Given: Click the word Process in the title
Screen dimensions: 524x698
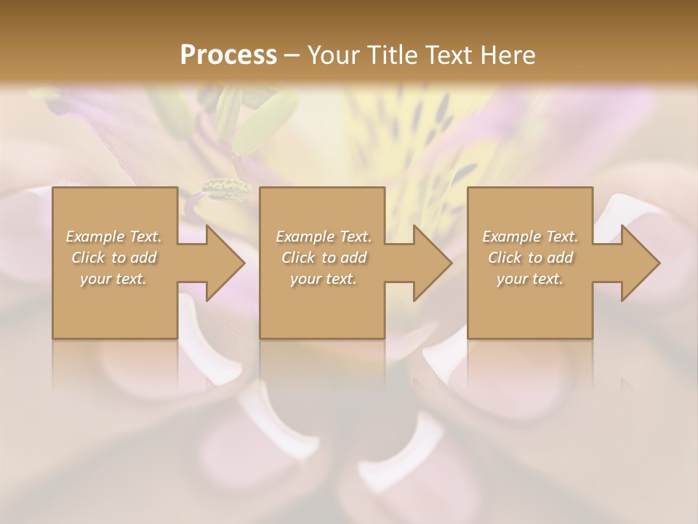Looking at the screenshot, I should (x=228, y=55).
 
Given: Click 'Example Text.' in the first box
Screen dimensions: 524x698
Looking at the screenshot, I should (x=113, y=237).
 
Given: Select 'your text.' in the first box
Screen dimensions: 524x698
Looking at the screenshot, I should (x=113, y=279).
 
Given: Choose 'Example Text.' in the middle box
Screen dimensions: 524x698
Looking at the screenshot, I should (x=323, y=237).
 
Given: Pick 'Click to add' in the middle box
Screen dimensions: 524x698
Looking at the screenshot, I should (x=323, y=258).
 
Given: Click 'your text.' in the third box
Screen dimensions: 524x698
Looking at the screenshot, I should (x=530, y=279).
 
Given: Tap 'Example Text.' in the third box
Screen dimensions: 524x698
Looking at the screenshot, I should (x=530, y=237).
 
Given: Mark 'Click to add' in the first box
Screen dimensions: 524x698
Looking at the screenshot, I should (x=113, y=258).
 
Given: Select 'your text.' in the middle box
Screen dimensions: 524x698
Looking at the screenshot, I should (x=323, y=279).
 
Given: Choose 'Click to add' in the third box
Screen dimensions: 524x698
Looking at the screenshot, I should (x=530, y=258).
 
